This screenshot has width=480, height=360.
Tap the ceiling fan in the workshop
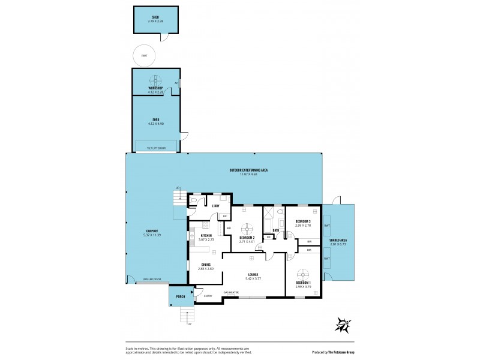pos(155,80)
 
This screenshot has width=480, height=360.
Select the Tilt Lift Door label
pos(155,148)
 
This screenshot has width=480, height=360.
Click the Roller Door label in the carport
pos(152,279)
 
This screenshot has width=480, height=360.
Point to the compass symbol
pos(343,325)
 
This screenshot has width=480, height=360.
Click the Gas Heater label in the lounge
pos(231,292)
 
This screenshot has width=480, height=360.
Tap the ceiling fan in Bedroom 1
pos(304,274)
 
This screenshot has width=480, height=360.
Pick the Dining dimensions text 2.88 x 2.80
pos(206,269)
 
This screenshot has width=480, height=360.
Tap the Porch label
pos(180,296)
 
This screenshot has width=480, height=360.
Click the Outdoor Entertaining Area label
pos(248,170)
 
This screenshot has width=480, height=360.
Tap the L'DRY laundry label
pos(215,206)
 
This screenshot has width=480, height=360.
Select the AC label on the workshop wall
pos(176,83)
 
